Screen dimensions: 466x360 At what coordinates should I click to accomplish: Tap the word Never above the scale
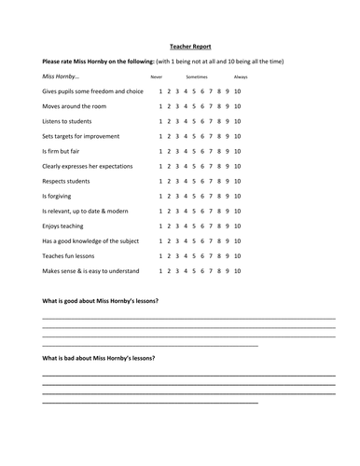click(x=157, y=76)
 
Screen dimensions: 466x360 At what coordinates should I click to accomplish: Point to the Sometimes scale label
click(x=197, y=76)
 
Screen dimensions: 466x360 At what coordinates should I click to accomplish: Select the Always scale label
click(x=241, y=76)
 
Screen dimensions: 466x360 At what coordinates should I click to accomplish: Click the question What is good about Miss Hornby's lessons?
click(x=100, y=302)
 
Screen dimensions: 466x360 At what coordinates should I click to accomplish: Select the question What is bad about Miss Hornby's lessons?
click(x=98, y=359)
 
